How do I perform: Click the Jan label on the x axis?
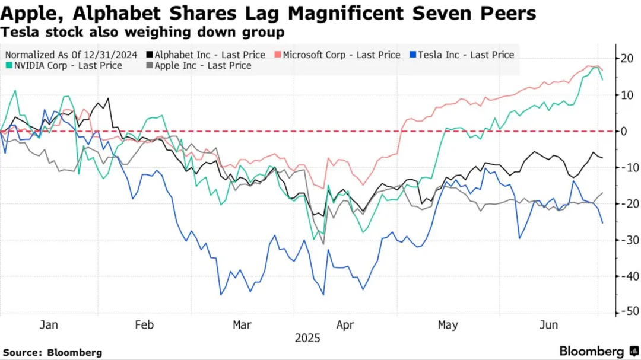point(49,325)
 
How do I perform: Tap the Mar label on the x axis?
point(242,325)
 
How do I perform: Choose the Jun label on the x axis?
point(548,325)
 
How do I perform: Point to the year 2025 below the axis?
point(307,339)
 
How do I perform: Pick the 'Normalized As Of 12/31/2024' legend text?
point(71,55)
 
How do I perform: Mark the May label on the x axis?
point(448,325)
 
